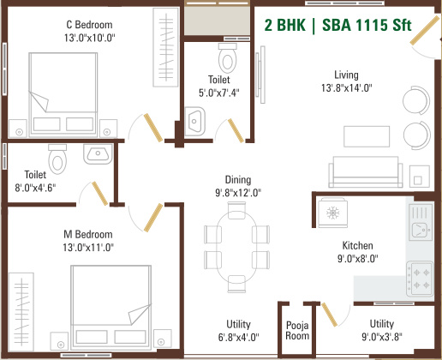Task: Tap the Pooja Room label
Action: tap(297, 330)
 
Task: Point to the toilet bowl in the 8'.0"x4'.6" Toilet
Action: tap(58, 159)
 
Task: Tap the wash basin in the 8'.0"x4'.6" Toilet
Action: tap(95, 155)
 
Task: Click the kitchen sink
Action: tap(421, 225)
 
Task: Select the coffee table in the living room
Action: tap(367, 136)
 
